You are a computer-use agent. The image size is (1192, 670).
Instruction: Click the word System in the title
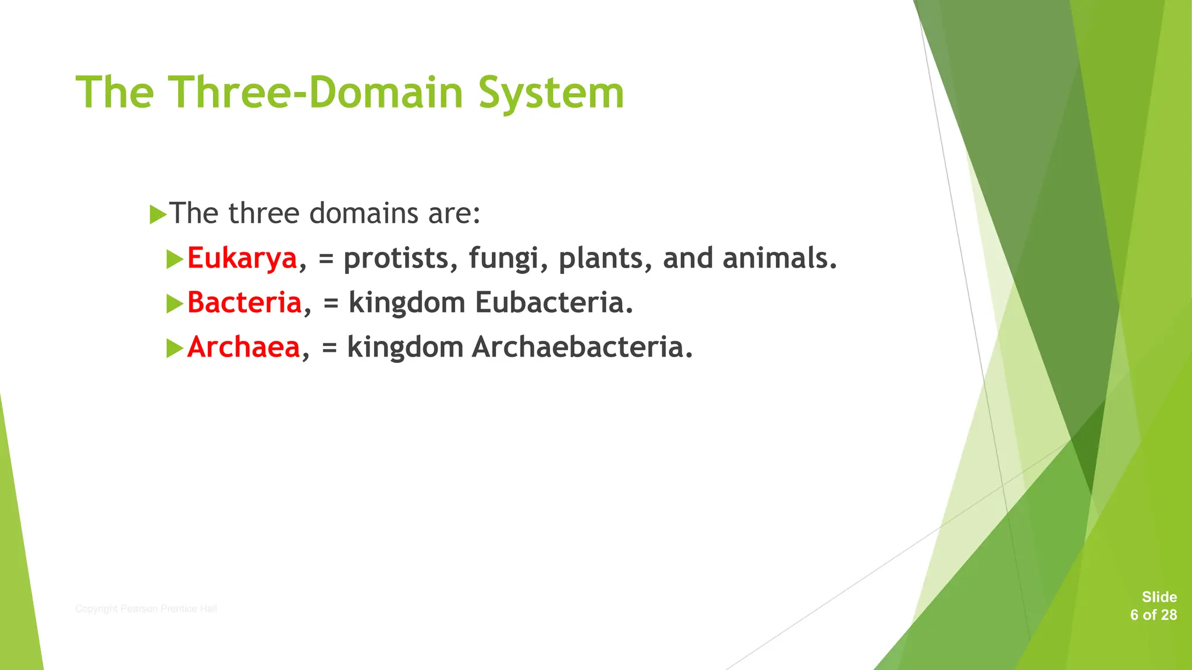coord(551,93)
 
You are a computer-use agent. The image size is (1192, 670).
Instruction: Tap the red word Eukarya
coord(242,258)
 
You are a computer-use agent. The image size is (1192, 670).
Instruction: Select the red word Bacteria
coord(244,303)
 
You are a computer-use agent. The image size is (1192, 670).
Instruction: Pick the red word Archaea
coord(243,347)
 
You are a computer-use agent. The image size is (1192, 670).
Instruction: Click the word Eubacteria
coord(553,303)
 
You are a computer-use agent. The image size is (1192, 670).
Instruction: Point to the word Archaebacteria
coord(581,347)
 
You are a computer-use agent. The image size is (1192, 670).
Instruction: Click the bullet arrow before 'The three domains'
coord(158,215)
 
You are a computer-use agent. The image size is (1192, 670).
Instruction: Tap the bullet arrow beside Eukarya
coord(175,259)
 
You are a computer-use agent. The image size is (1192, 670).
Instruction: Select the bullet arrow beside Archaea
coord(175,348)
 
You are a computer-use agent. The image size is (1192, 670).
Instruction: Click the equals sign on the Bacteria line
coord(331,304)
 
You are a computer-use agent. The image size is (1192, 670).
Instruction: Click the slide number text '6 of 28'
coord(1153,615)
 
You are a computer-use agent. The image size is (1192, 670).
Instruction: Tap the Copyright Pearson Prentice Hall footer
coord(146,609)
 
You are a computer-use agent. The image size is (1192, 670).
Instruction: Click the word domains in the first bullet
coord(364,213)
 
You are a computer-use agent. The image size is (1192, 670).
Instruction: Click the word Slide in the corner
coord(1159,597)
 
